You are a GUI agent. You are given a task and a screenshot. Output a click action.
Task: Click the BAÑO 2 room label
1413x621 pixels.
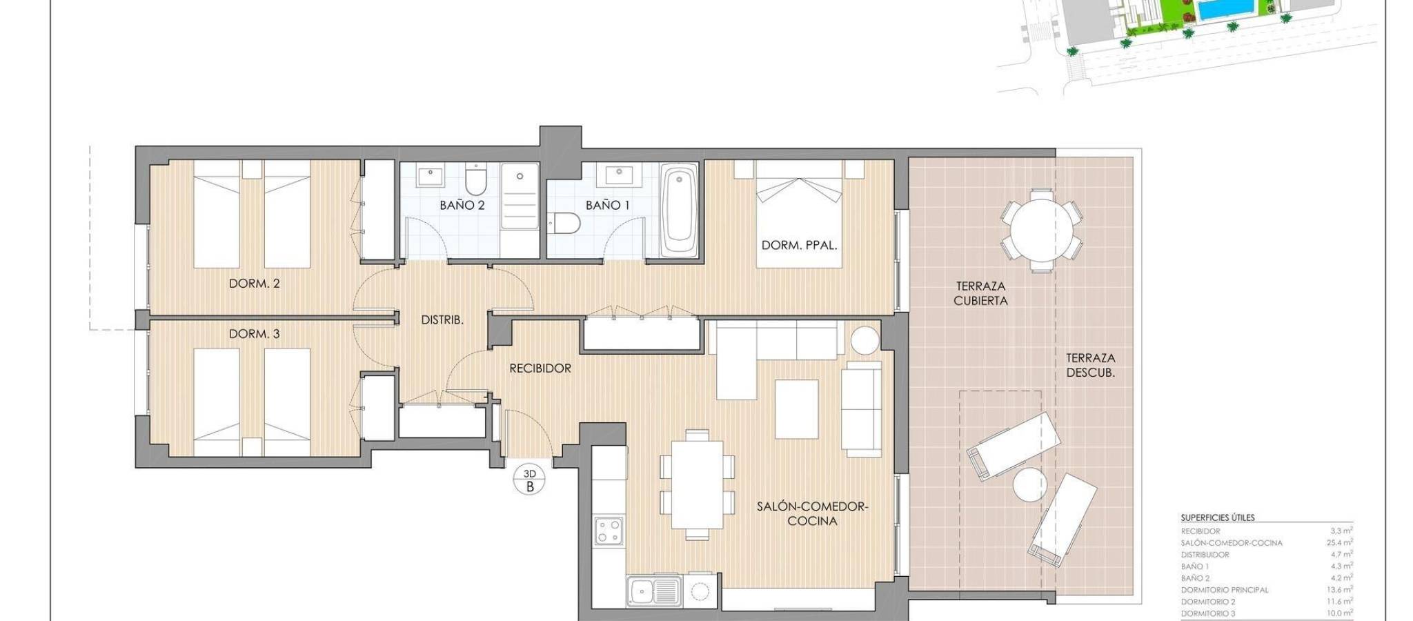tap(462, 205)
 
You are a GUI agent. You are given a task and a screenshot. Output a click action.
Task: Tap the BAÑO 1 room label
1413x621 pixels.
tap(607, 205)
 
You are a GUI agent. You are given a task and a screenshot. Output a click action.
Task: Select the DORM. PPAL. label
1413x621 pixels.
tap(799, 245)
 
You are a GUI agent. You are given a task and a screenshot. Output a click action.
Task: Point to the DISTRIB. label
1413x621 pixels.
tap(442, 320)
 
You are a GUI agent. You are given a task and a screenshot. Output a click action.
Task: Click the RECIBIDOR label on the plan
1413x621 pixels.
tap(540, 368)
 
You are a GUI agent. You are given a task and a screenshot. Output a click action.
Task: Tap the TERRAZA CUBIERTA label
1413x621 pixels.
tap(980, 293)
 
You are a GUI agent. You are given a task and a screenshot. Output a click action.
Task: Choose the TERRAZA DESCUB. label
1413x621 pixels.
tap(1091, 365)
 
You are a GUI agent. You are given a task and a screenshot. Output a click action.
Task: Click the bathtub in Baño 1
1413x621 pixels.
tap(679, 210)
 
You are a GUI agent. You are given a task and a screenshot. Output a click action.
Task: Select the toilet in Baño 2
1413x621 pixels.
tap(475, 179)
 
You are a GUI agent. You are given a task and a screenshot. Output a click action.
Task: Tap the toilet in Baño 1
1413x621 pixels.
tap(566, 223)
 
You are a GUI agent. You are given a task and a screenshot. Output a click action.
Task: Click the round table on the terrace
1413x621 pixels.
tap(1041, 229)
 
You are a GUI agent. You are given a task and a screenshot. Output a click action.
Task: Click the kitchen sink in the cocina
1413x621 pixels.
tap(654, 592)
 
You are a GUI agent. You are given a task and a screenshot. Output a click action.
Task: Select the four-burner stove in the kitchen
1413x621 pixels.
tap(609, 531)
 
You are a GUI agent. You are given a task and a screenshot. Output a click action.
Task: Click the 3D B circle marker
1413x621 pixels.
tap(531, 480)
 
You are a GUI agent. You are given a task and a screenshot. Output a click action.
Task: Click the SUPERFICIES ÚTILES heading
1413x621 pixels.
tap(1218, 517)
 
